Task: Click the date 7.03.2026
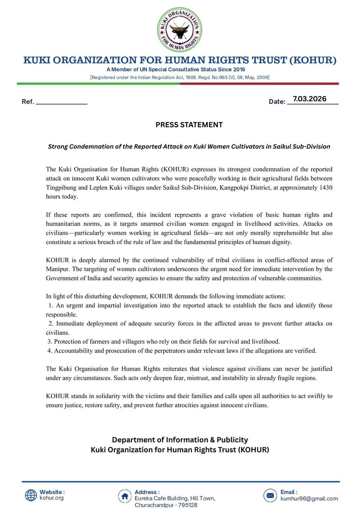click(x=309, y=99)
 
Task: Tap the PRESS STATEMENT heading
click(x=180, y=125)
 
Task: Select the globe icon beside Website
click(x=31, y=495)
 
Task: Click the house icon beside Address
click(x=126, y=495)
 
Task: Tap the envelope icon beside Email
click(x=270, y=495)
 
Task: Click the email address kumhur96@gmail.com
click(x=309, y=499)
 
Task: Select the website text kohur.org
click(x=52, y=498)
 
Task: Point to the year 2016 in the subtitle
click(x=237, y=69)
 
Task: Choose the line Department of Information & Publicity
click(x=180, y=439)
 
